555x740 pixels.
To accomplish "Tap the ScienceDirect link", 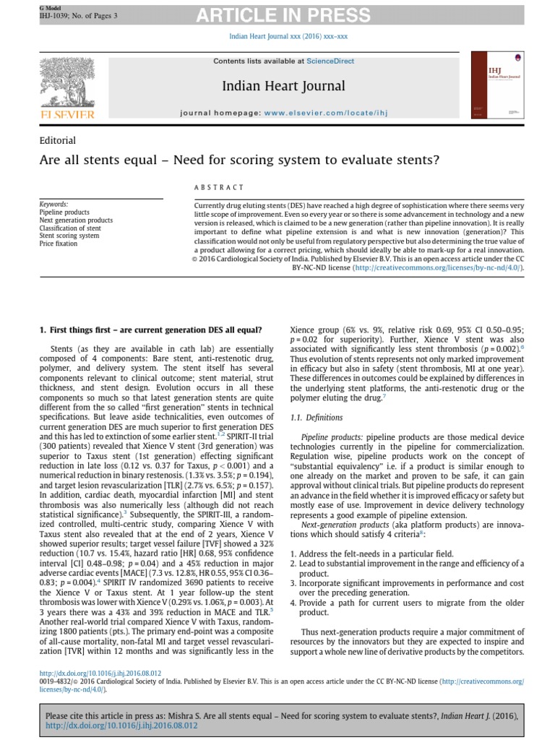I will pos(330,61).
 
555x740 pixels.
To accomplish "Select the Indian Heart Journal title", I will pos(284,87).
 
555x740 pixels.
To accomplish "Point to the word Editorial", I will pos(58,140).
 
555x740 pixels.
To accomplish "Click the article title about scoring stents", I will pos(239,160).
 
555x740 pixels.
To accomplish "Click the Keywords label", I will pos(54,205).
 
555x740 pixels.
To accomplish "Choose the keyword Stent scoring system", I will pos(69,236).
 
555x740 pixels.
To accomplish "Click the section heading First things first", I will pos(150,330).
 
